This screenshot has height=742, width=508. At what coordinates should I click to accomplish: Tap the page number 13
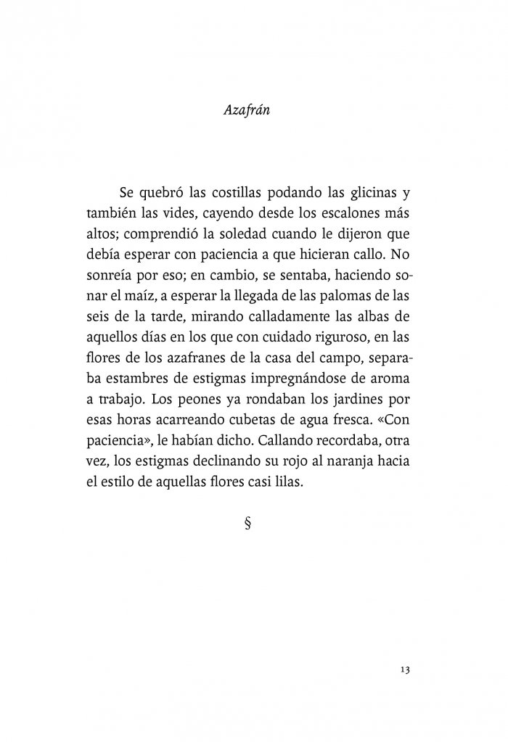[x=405, y=669]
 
